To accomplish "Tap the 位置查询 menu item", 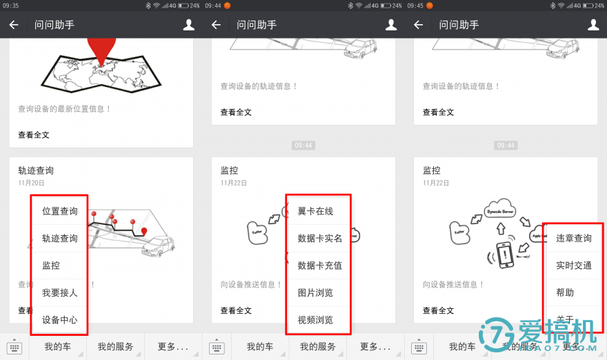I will (59, 211).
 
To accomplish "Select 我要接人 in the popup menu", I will (59, 292).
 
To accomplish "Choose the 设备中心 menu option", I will (59, 320).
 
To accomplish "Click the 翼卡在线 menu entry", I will (315, 211).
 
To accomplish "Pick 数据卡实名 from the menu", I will (319, 238).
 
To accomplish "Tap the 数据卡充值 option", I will (319, 266).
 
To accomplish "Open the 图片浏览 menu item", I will (315, 292).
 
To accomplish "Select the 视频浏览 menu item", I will (315, 320).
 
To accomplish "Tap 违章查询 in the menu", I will (574, 238).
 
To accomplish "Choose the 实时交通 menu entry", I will (574, 266).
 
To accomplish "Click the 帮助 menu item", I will (565, 292).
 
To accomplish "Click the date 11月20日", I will (31, 183).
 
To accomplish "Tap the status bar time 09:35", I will (11, 6).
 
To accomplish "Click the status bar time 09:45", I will (415, 6).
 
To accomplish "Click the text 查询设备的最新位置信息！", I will (65, 109).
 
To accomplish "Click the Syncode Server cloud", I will (501, 208).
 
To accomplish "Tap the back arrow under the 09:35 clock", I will (14, 25).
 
